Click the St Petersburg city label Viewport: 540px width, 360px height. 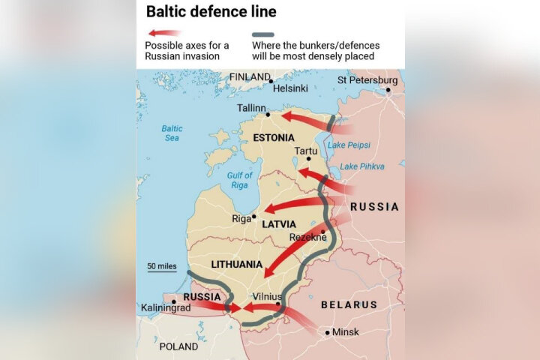pos(367,79)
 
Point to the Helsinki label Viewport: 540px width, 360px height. pos(290,88)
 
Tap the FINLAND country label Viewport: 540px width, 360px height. pos(250,76)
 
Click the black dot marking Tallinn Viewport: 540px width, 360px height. pos(268,115)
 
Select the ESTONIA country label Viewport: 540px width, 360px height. pos(274,138)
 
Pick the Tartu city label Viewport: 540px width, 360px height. pos(305,151)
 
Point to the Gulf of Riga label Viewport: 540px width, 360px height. pos(241,180)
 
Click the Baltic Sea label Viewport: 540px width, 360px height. pos(172,133)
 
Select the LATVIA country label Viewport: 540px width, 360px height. pos(279,224)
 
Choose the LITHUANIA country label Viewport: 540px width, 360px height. pos(236,264)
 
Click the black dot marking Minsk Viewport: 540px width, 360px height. pos(327,331)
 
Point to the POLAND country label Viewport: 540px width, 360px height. pos(178,346)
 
